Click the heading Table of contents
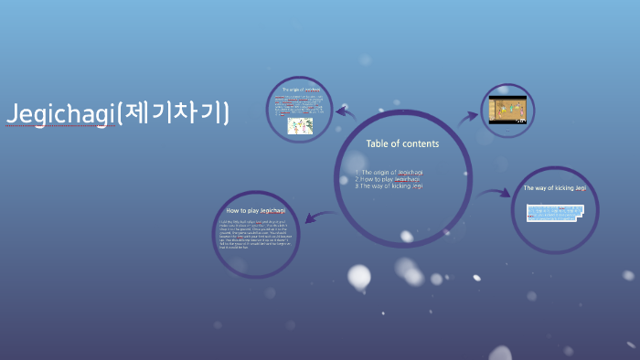[x=402, y=143]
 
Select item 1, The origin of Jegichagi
[x=392, y=172]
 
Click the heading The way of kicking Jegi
[x=555, y=187]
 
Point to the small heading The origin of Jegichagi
[x=303, y=90]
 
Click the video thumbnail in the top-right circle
[x=508, y=110]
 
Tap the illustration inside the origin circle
[x=301, y=125]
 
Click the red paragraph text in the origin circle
[x=301, y=103]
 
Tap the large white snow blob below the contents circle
[x=359, y=276]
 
